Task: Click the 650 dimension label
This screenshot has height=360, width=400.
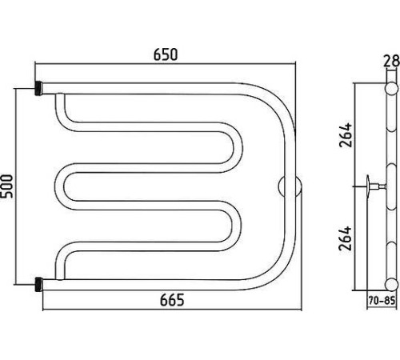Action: (x=166, y=54)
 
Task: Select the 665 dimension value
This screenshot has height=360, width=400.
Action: (x=172, y=300)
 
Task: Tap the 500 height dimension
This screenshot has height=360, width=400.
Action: (x=6, y=186)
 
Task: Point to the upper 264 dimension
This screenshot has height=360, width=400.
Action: (x=346, y=134)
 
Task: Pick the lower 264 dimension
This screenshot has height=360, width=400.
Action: (x=346, y=238)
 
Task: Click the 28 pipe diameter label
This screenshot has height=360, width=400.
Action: (x=391, y=61)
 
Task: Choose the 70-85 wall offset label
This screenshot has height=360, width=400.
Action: (x=382, y=301)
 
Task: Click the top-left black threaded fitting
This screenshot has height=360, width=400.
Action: (x=38, y=88)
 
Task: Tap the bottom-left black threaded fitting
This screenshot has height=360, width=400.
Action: (x=39, y=285)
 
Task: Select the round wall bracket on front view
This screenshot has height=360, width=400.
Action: (x=290, y=186)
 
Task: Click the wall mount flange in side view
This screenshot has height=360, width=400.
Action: (x=368, y=186)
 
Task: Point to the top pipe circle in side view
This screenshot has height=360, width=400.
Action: (x=391, y=89)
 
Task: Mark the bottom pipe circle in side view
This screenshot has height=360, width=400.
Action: (x=392, y=284)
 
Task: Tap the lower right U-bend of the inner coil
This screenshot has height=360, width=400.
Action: (x=237, y=226)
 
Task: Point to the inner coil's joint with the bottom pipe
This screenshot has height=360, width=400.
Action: (x=59, y=278)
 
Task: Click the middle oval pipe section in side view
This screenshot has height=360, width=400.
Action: (x=391, y=186)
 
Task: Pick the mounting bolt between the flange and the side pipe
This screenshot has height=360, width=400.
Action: (x=378, y=186)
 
